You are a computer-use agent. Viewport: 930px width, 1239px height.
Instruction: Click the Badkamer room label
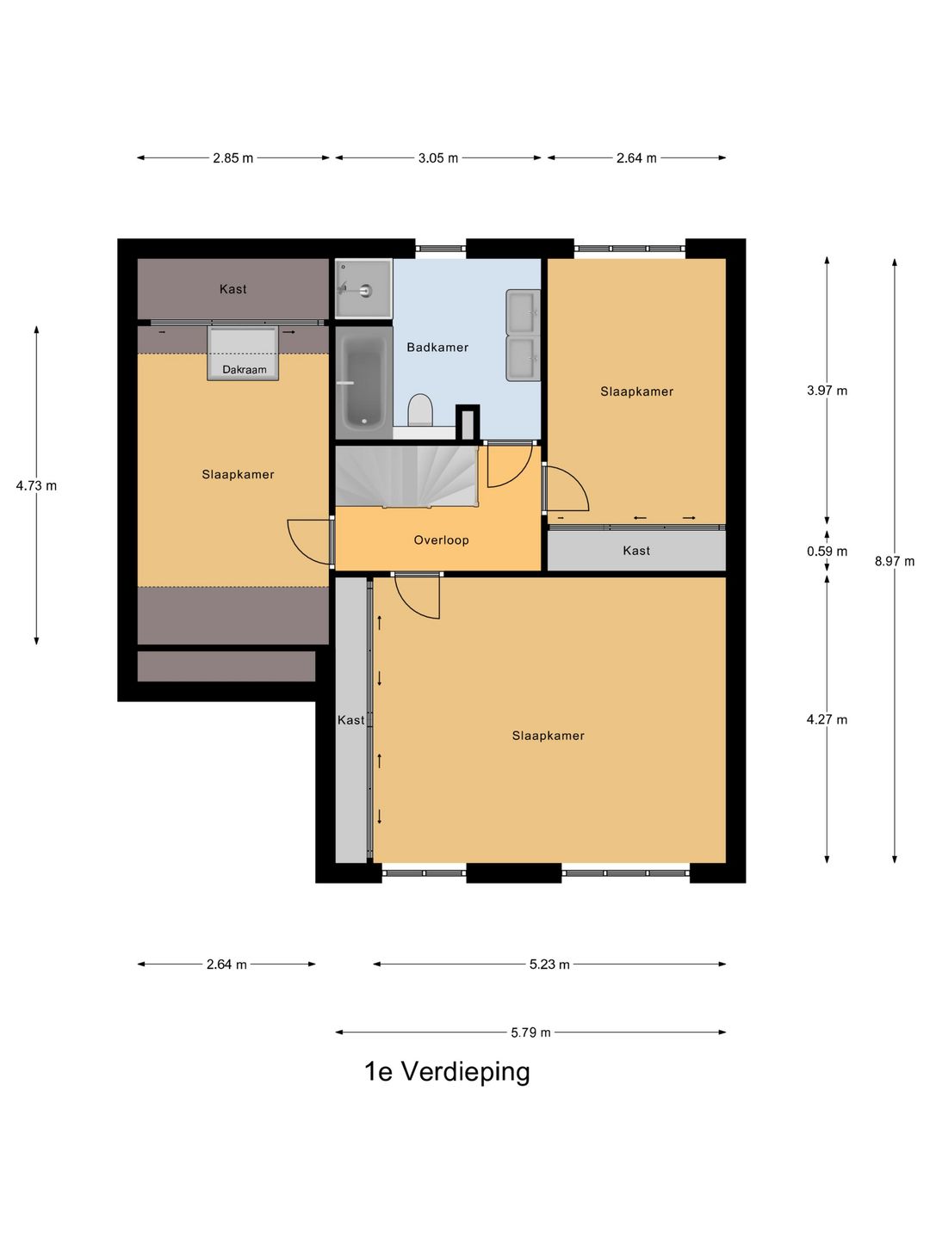437,348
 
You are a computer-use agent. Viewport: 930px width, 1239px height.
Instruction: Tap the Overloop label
441,540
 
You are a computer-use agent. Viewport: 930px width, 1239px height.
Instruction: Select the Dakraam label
245,370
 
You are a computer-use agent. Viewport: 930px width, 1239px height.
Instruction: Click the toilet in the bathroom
420,410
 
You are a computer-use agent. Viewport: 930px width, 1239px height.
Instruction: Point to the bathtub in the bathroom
363,383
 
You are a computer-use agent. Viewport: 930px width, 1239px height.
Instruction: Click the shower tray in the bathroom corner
363,289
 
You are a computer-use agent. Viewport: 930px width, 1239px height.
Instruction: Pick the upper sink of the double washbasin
523,311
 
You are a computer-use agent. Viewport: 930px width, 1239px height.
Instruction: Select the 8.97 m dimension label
895,561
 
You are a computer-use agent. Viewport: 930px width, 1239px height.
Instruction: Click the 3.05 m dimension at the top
438,158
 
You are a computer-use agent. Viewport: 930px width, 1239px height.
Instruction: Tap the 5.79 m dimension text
530,1032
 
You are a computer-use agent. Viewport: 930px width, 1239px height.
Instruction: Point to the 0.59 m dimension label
827,552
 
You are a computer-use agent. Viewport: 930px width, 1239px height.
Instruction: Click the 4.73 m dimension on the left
36,486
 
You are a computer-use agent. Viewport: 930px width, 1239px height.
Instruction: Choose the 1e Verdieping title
447,1072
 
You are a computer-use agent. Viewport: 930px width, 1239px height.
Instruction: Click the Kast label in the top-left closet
232,289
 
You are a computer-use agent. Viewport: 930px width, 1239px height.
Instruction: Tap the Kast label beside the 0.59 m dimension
636,551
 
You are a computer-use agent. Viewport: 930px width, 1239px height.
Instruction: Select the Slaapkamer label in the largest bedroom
548,736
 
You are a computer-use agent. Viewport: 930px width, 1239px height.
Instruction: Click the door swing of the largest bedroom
418,596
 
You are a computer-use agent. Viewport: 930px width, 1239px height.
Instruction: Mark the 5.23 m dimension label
549,965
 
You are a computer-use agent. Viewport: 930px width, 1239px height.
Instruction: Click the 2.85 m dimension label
233,158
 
